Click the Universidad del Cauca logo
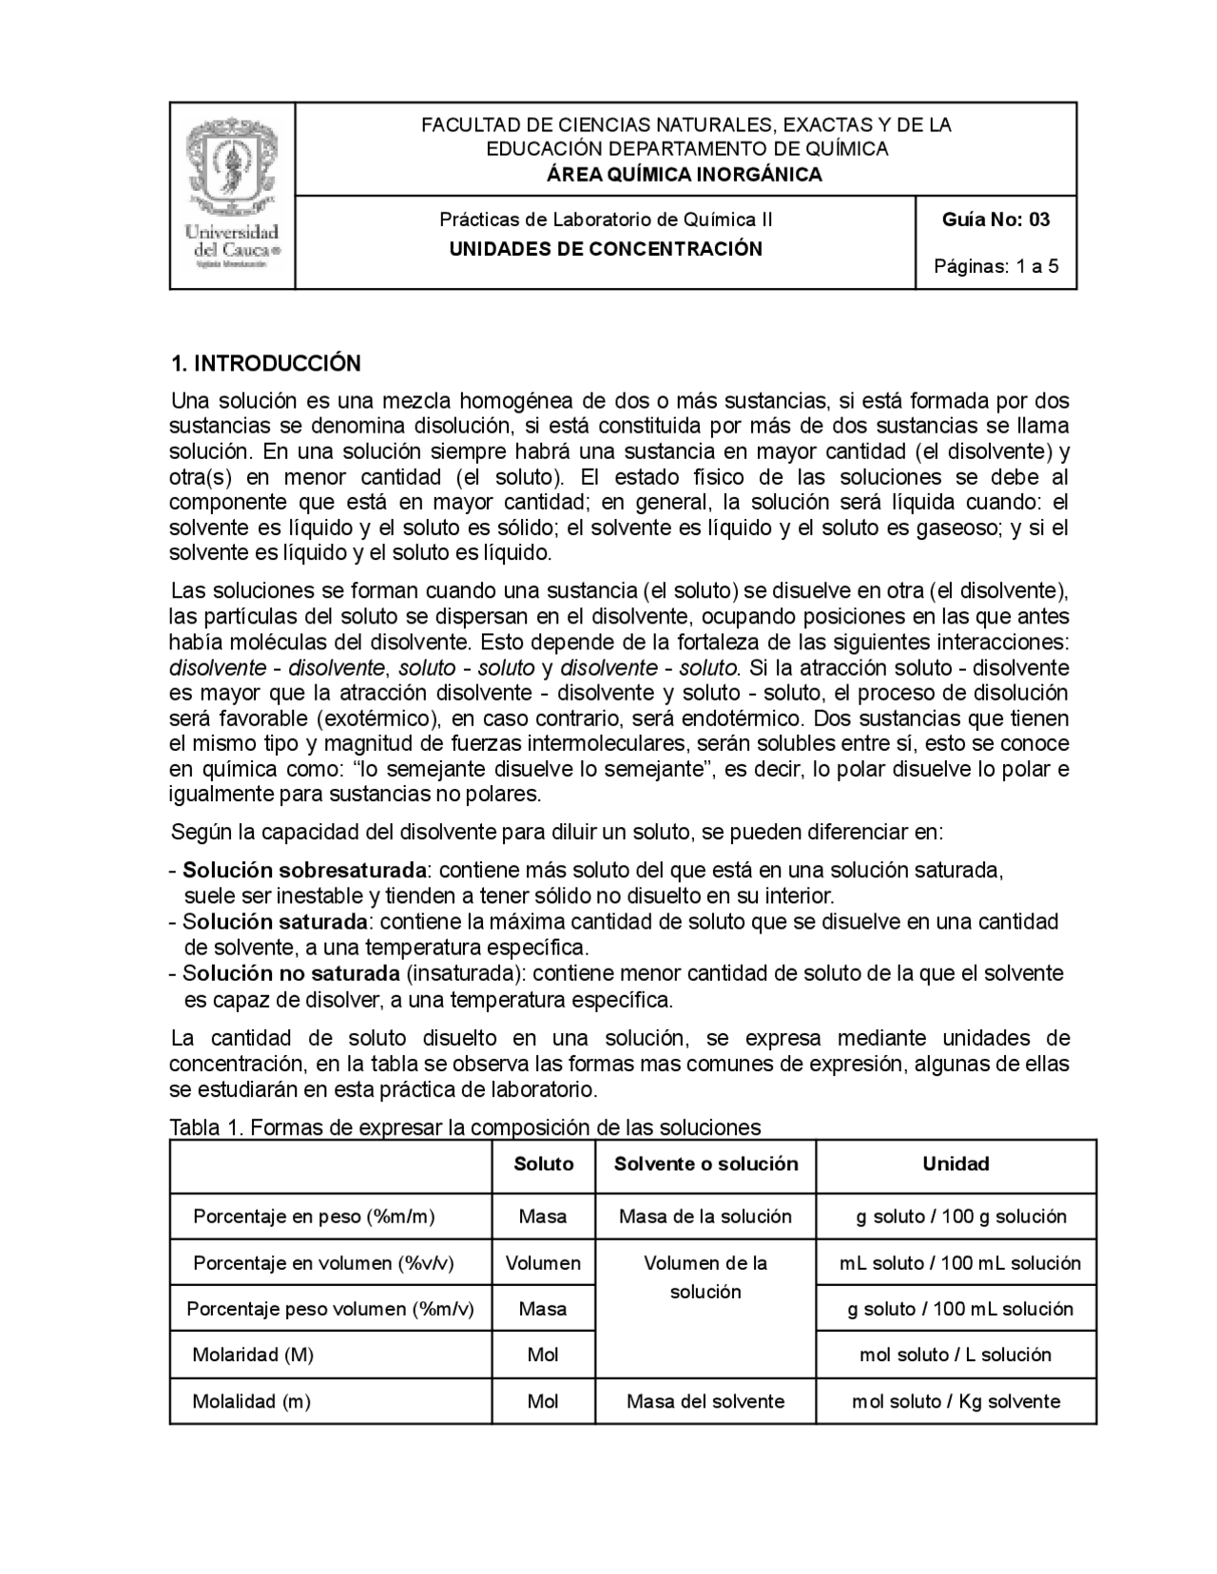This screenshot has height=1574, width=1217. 232,195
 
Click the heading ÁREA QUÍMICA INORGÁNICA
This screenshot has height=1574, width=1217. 685,174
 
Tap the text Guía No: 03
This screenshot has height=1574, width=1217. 995,220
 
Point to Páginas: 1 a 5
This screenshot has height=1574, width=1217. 995,266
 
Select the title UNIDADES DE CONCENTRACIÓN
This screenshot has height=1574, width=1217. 606,249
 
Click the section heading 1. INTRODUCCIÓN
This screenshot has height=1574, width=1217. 265,363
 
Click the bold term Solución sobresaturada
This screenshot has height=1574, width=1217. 304,870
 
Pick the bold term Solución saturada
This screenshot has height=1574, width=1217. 275,921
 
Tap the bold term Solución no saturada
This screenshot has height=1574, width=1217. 291,973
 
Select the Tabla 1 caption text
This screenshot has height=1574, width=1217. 465,1127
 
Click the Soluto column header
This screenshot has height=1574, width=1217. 544,1164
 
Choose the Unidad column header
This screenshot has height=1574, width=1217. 956,1164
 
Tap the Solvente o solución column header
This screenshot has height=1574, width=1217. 705,1164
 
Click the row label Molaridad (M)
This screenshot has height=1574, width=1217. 253,1354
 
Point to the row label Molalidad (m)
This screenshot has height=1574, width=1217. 251,1401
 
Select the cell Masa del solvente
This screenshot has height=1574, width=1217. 705,1401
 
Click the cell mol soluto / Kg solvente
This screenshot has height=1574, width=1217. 956,1401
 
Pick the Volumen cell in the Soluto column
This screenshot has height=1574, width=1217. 543,1263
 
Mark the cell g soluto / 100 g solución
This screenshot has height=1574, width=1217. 961,1217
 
